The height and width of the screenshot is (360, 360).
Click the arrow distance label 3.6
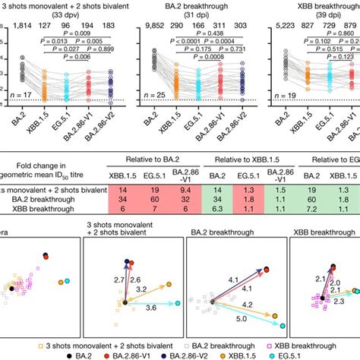tap(129, 307)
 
